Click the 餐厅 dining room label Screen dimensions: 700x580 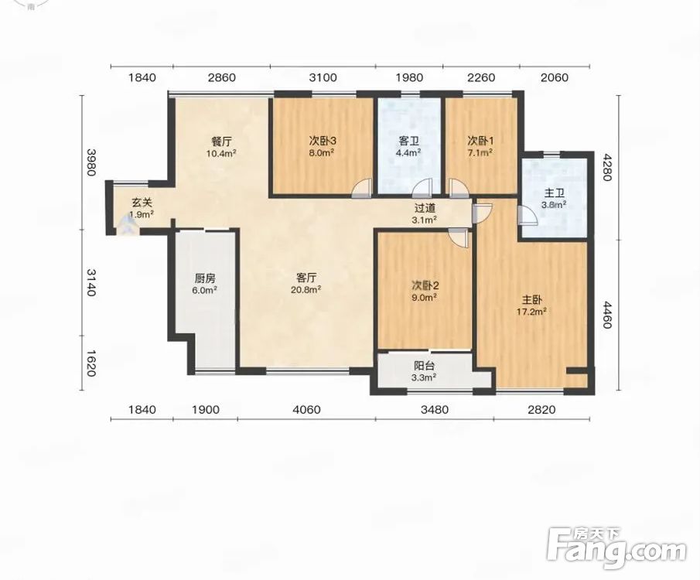[221, 142]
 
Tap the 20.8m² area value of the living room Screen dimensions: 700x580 [306, 289]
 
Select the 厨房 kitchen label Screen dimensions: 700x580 [205, 278]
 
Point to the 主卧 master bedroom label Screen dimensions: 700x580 [532, 299]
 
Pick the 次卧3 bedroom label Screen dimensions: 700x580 [323, 141]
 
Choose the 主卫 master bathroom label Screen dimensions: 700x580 [554, 193]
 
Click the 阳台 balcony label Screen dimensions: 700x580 [425, 366]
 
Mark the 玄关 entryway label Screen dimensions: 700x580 [142, 203]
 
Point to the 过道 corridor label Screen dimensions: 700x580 [425, 208]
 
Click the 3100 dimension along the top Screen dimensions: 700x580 [323, 77]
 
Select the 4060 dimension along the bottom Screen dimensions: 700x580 [307, 409]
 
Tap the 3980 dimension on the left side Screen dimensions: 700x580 [91, 162]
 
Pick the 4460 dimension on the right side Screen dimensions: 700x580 [606, 314]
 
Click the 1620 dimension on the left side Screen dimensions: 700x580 [91, 363]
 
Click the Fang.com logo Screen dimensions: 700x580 [617, 548]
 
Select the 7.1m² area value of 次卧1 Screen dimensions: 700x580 [480, 152]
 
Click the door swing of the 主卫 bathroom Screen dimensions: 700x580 [528, 215]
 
